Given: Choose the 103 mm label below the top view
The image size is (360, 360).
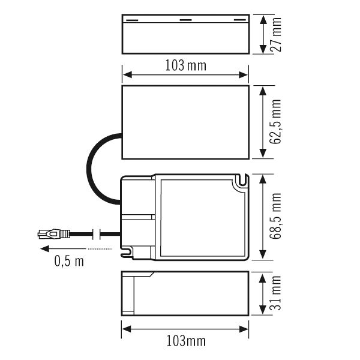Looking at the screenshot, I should (185, 65).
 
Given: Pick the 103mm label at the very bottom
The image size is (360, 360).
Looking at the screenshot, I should (185, 341).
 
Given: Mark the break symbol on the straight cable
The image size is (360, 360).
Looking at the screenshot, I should (97, 234).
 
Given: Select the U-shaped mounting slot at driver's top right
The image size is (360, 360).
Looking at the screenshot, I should (242, 180).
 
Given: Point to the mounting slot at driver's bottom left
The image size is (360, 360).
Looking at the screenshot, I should (128, 254).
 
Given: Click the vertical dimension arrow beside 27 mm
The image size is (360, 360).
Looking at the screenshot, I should (263, 34).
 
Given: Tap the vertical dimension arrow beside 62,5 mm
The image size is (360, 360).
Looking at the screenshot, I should (263, 122).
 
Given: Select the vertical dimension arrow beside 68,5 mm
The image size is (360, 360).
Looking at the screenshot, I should (263, 218).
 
